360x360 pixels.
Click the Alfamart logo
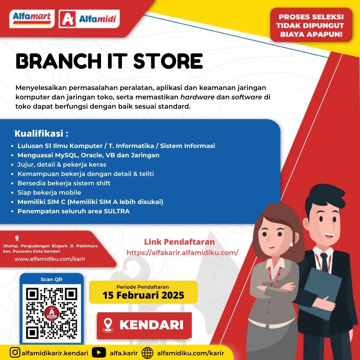[32, 19]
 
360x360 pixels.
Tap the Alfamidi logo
[89, 19]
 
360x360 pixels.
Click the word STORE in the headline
[168, 61]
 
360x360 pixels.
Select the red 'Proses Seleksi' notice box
[311, 25]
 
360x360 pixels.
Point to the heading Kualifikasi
[41, 133]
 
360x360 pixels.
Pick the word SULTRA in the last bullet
[117, 211]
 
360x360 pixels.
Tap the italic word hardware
[197, 97]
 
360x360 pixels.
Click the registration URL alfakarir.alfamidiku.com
[183, 253]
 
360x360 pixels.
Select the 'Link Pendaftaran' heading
[179, 242]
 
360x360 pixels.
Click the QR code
[51, 313]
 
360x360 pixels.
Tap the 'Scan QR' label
[51, 279]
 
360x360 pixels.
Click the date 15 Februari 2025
[143, 295]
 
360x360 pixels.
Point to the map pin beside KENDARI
[108, 325]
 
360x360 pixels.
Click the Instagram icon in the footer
[15, 352]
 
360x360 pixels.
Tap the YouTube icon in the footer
[99, 352]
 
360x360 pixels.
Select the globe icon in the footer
[147, 353]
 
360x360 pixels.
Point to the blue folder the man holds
[321, 294]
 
